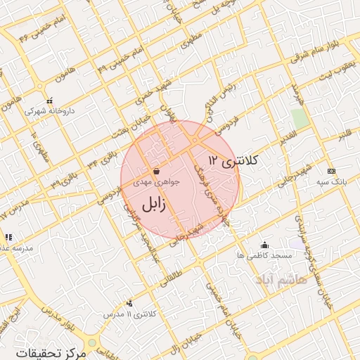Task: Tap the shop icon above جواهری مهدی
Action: pyautogui.click(x=155, y=171)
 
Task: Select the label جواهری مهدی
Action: pyautogui.click(x=157, y=181)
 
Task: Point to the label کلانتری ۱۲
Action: pyautogui.click(x=233, y=161)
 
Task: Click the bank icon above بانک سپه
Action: pyautogui.click(x=331, y=171)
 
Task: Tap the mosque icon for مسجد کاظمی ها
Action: pyautogui.click(x=264, y=245)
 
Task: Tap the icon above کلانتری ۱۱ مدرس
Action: pyautogui.click(x=129, y=303)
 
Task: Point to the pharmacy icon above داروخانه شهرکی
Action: pyautogui.click(x=49, y=101)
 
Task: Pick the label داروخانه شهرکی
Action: pyautogui.click(x=49, y=111)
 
